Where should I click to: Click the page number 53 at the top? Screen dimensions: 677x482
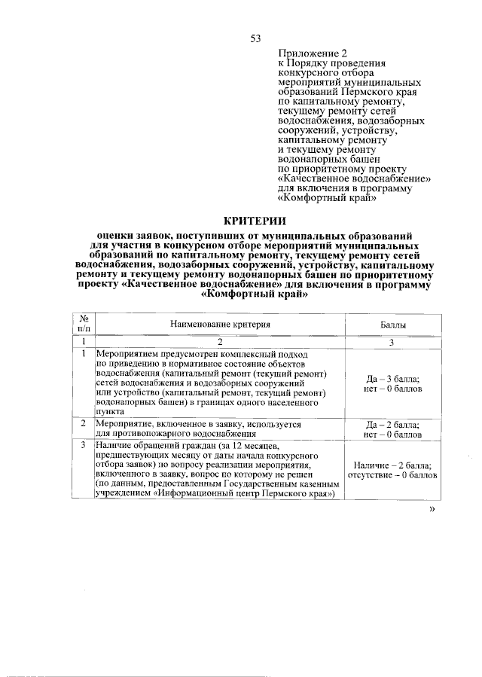[255, 38]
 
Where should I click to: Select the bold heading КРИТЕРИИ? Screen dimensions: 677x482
[255, 221]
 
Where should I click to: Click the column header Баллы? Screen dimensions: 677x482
[392, 324]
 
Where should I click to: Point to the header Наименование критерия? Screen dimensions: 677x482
[220, 324]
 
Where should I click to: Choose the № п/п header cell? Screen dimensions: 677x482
[84, 324]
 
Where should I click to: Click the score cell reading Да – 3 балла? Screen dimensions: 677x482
[392, 380]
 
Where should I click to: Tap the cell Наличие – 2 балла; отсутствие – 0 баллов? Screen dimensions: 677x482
[392, 471]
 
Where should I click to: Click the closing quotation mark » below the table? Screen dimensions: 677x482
[432, 510]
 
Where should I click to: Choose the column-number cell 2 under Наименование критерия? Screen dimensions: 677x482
[220, 341]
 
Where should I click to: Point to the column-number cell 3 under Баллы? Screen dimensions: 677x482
[392, 341]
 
